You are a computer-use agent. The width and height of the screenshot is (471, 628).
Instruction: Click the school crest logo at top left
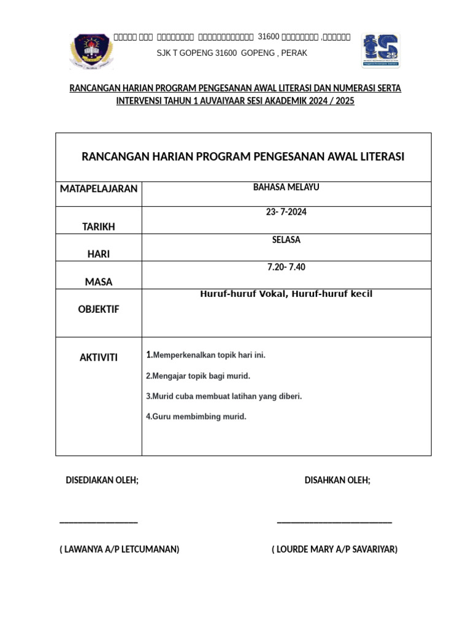92,52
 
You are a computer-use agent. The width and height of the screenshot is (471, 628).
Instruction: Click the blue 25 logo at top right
380,50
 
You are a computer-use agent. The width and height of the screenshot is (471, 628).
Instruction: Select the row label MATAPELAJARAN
99,188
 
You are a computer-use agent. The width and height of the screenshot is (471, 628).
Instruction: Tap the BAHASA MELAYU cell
286,188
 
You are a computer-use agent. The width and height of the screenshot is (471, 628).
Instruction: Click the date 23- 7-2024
286,212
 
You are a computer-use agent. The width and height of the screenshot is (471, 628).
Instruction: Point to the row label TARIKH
99,227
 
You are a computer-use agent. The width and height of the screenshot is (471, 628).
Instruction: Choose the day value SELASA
286,240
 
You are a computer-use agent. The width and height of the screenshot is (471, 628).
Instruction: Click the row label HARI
99,254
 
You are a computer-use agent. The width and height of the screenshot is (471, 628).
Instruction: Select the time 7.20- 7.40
286,267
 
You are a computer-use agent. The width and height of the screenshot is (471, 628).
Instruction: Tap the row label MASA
99,282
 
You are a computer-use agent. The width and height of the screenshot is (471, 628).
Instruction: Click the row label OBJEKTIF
99,309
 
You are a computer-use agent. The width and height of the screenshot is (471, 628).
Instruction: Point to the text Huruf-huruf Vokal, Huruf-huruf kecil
286,294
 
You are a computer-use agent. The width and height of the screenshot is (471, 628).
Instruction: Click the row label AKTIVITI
99,358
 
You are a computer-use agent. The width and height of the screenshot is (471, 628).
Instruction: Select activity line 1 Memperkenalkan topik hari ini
206,355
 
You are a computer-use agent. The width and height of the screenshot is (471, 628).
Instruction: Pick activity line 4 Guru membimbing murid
196,417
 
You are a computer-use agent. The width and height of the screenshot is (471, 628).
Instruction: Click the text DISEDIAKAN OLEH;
102,480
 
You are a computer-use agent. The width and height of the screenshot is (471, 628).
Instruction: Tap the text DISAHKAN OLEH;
337,480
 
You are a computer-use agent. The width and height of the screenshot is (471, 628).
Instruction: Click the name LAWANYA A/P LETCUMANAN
120,549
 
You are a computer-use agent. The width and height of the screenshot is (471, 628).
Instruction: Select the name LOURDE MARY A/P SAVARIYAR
334,549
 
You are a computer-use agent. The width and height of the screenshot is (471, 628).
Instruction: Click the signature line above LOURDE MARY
334,522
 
